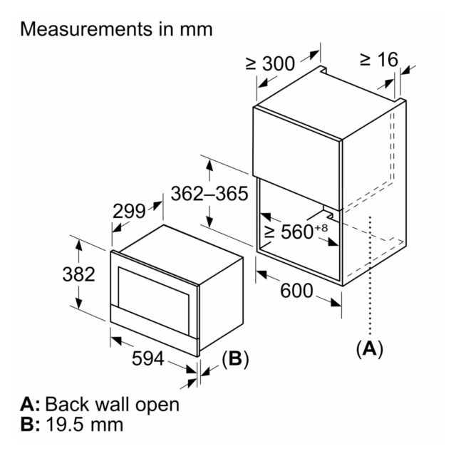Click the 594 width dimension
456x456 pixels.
pyautogui.click(x=148, y=358)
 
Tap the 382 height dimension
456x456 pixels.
pyautogui.click(x=79, y=274)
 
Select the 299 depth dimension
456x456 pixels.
pyautogui.click(x=129, y=211)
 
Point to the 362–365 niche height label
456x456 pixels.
pyautogui.click(x=209, y=194)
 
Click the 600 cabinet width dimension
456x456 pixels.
pyautogui.click(x=296, y=291)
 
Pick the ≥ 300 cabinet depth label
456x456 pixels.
pyautogui.click(x=271, y=63)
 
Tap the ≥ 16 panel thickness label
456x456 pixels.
pyautogui.click(x=379, y=60)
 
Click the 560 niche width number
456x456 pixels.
pyautogui.click(x=296, y=232)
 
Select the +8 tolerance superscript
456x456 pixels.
pyautogui.click(x=321, y=227)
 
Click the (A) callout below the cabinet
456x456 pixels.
pyautogui.click(x=370, y=348)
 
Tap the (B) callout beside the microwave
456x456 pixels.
pyautogui.click(x=235, y=358)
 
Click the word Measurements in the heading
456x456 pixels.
pyautogui.click(x=86, y=29)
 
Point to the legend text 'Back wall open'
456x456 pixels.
pyautogui.click(x=113, y=404)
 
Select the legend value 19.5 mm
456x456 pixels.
pyautogui.click(x=85, y=425)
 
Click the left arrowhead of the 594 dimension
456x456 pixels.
pyautogui.click(x=115, y=340)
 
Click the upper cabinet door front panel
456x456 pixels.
pyautogui.click(x=297, y=158)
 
